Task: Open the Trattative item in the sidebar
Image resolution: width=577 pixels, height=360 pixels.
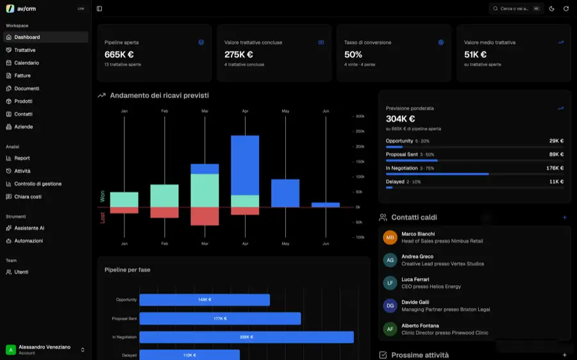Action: (x=24, y=50)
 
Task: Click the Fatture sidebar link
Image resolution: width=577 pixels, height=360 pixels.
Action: (x=22, y=76)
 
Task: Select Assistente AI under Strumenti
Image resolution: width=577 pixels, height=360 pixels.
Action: (x=29, y=228)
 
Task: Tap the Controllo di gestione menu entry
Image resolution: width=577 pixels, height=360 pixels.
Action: (x=38, y=184)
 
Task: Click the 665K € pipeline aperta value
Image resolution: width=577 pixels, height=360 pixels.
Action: (x=119, y=54)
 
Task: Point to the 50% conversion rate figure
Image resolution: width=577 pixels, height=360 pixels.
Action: (x=353, y=54)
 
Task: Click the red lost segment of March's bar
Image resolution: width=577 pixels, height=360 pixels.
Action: (x=205, y=217)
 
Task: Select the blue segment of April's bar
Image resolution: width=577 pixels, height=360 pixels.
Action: (x=245, y=165)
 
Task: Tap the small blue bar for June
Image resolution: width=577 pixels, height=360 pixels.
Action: (x=326, y=205)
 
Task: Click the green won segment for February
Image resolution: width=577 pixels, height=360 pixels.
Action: (x=165, y=195)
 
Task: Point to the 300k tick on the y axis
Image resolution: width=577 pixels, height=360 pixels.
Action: (x=360, y=116)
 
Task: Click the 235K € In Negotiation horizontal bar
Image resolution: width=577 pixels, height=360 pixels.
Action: (x=247, y=337)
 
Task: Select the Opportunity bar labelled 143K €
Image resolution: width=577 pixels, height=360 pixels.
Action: (x=205, y=300)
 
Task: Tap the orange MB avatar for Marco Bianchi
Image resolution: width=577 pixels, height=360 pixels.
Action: (x=390, y=238)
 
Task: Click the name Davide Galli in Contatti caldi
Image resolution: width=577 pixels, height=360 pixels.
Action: (x=415, y=302)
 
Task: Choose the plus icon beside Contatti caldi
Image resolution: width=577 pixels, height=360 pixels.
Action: (x=564, y=217)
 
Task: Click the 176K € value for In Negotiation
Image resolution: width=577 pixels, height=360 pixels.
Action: (x=555, y=168)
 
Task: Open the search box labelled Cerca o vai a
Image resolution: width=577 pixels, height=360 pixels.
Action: (x=516, y=8)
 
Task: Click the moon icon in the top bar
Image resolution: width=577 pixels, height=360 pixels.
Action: (x=551, y=8)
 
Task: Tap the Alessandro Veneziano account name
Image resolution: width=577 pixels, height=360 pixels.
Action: (x=44, y=347)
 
